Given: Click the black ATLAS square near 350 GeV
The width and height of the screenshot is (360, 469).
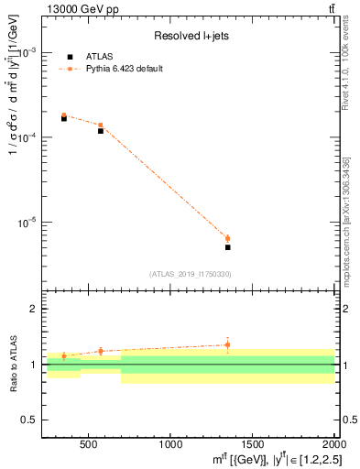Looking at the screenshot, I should coord(63,118).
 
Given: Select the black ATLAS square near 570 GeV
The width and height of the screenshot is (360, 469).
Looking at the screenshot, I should coord(100,131).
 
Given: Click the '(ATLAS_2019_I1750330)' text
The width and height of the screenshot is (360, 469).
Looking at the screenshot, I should coord(191,274).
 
